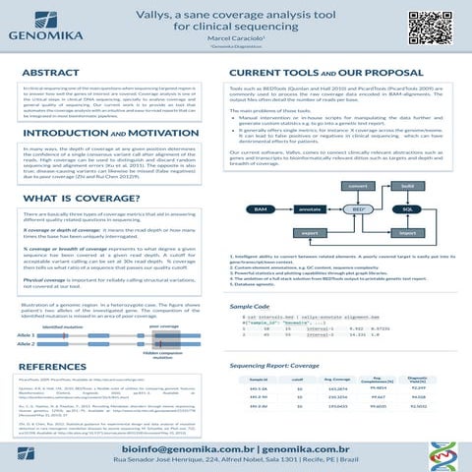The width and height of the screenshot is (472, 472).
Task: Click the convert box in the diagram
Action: tap(360, 158)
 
